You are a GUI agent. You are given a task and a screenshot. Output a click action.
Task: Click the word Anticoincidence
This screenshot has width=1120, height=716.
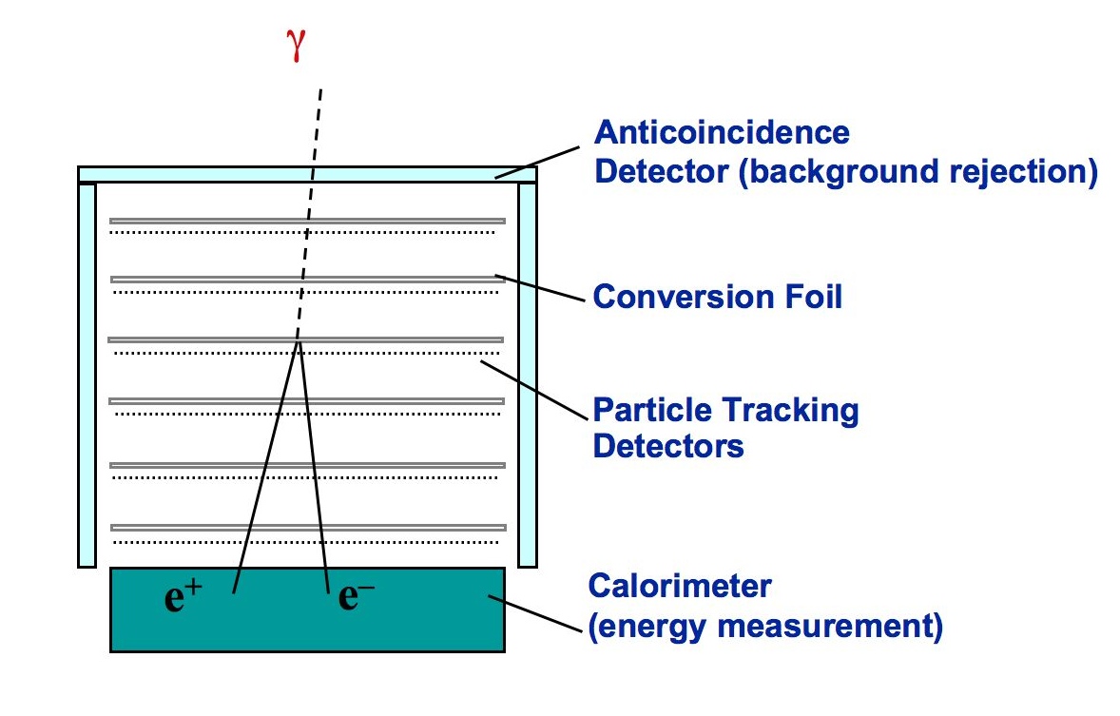722,132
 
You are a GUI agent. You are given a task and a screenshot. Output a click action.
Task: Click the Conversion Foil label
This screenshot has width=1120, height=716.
718,297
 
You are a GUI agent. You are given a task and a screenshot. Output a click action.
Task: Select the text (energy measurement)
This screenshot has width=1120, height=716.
765,628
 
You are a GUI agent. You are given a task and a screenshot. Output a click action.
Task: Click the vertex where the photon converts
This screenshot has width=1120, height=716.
299,341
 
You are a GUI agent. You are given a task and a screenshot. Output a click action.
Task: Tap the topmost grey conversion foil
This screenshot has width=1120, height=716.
306,222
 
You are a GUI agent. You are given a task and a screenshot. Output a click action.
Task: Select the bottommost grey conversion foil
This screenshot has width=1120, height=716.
308,527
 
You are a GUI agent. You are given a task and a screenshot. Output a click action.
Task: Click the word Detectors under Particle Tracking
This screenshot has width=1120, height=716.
668,445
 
